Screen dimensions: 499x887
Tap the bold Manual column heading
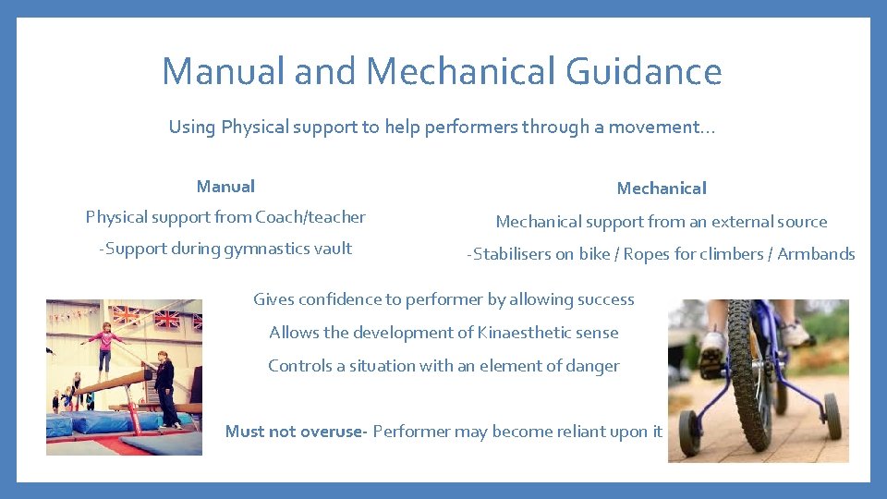tap(225, 187)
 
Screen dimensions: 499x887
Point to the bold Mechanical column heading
tap(662, 189)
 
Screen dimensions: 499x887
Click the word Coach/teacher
tap(310, 217)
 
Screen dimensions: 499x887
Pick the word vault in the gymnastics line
tap(334, 249)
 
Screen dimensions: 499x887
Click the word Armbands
tap(816, 254)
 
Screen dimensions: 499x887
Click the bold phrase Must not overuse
tap(296, 432)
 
